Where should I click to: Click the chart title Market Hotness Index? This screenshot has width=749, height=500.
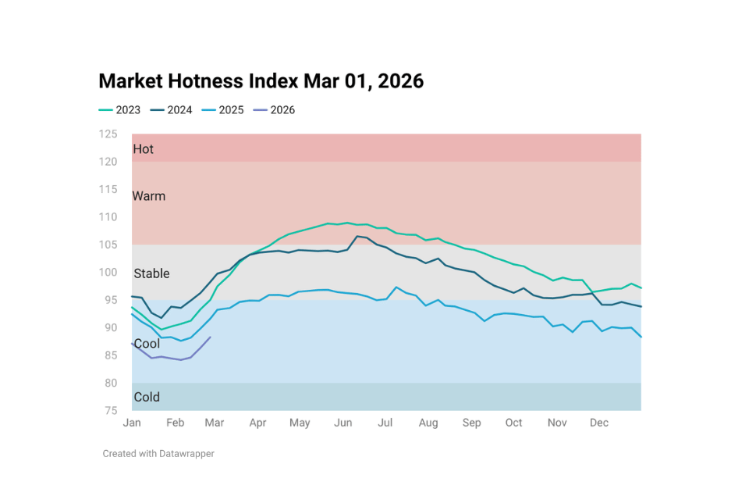(x=261, y=81)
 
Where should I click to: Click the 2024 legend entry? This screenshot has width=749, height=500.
(x=171, y=110)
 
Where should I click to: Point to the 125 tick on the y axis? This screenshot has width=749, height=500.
(x=108, y=134)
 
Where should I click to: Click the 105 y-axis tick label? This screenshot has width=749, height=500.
(x=108, y=245)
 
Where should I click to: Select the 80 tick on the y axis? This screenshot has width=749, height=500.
(x=111, y=383)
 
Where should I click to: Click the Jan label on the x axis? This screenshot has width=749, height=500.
(x=132, y=423)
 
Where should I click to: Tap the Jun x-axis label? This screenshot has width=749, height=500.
(x=343, y=423)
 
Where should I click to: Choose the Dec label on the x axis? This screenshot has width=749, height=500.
(x=598, y=423)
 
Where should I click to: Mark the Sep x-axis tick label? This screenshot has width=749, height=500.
(x=471, y=423)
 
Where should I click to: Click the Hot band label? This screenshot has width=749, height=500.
(x=144, y=148)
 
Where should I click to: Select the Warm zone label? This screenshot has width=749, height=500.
(x=149, y=196)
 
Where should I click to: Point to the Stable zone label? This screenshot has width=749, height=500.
(x=151, y=273)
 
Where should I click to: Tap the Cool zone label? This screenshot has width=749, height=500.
(x=147, y=344)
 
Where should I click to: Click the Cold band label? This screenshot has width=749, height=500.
(x=147, y=397)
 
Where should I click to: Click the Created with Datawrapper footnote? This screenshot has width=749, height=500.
(x=158, y=453)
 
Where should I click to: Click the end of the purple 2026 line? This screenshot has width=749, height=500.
(x=211, y=337)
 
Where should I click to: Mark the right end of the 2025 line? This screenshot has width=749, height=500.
(x=641, y=337)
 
